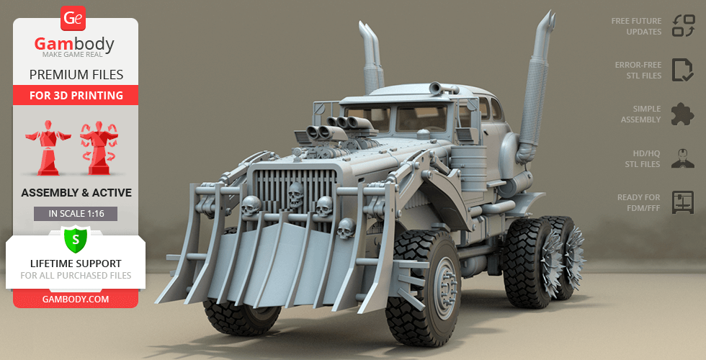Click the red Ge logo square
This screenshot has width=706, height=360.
(73, 18)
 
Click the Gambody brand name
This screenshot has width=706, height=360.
(74, 44)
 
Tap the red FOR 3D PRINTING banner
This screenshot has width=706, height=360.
(76, 95)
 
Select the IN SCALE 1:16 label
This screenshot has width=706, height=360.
(76, 214)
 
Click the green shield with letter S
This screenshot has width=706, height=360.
(75, 240)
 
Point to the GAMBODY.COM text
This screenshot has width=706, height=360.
(76, 300)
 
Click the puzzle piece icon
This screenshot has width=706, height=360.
(682, 114)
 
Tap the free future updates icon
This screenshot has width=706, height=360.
(683, 26)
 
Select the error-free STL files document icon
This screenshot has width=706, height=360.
(683, 70)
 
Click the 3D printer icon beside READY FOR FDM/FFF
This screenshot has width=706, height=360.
(683, 202)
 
